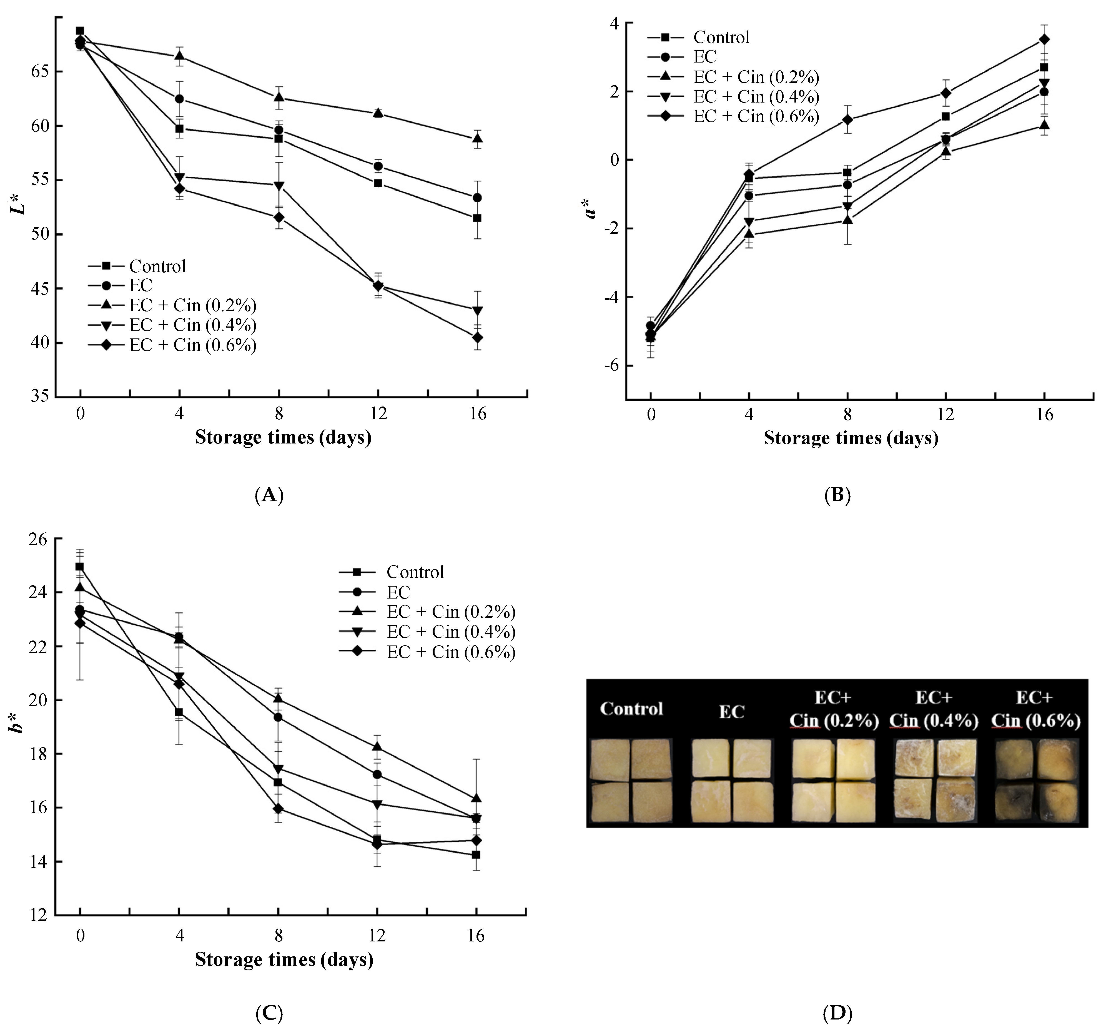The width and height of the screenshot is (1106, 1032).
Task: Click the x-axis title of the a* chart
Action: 851,438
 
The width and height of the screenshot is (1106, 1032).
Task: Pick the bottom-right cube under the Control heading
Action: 652,802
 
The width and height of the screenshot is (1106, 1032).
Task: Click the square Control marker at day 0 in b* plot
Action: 80,567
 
